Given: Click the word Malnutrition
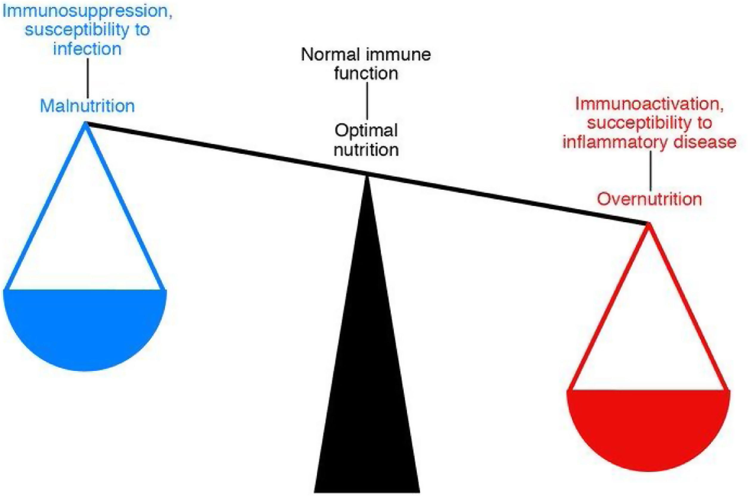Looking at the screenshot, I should pos(87,106).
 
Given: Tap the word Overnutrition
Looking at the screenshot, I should pos(649,199).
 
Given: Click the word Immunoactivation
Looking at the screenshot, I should pos(649,104).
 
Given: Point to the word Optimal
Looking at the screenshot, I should pos(366,130).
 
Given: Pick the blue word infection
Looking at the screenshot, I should pos(87,49).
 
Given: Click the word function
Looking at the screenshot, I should pos(366,73).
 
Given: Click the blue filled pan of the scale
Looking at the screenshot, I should pos(85,326).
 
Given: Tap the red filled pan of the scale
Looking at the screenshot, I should pos(648,427).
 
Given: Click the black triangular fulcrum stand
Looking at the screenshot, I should pos(367,379).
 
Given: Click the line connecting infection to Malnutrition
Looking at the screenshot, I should pos(88,77).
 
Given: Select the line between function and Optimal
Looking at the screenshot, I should pos(367,100).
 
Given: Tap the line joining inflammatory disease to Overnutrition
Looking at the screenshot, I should pos(650,171).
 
